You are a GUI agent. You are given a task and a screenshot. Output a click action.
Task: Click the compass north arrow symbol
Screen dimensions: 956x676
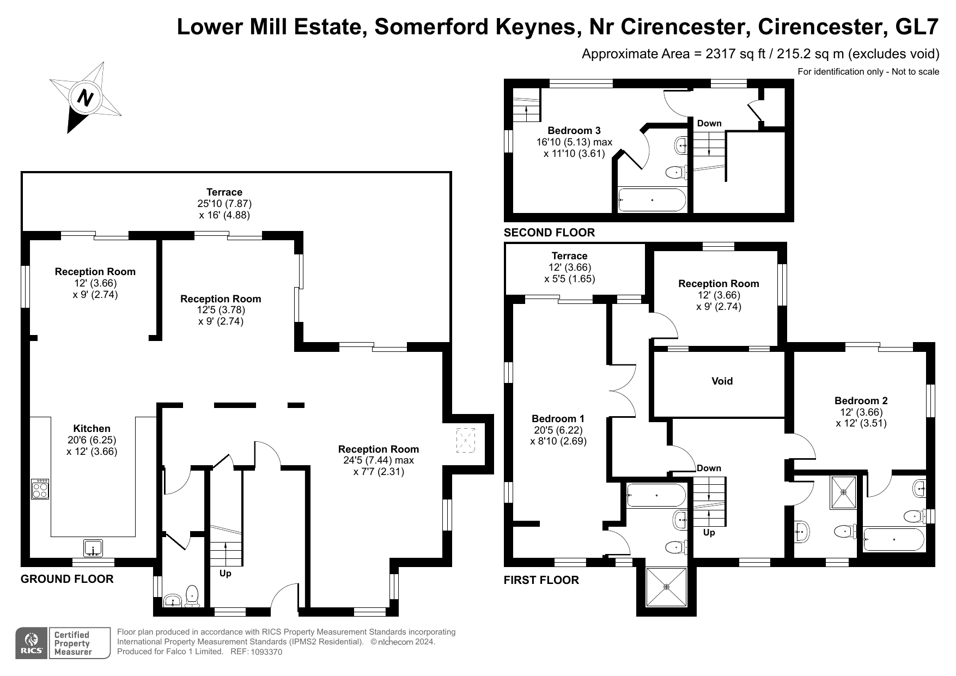pos(86,98)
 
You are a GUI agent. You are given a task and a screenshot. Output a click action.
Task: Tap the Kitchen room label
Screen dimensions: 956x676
pos(92,429)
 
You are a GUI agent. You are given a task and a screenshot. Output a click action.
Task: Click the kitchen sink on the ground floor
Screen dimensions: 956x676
pos(93,548)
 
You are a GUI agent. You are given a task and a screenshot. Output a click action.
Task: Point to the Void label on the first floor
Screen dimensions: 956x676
pos(722,381)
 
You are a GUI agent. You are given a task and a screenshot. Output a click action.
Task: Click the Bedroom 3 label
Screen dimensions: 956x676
pos(574,130)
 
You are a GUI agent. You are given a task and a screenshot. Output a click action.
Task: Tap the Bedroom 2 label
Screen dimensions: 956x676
pos(861,400)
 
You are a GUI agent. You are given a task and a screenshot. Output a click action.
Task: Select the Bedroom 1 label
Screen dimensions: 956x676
pos(558,418)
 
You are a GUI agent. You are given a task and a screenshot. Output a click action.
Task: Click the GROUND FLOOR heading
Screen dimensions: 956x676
pos(67,579)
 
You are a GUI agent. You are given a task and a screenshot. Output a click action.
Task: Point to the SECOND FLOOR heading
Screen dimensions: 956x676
pos(549,233)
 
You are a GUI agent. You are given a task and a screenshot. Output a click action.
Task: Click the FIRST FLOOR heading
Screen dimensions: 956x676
pos(541,580)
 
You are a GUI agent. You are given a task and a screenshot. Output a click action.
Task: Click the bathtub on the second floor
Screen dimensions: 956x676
pos(652,200)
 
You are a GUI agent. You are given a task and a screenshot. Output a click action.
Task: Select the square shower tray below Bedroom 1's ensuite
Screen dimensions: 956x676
pos(666,587)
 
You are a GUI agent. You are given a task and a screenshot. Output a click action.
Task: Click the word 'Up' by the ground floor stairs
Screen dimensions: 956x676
pos(225,574)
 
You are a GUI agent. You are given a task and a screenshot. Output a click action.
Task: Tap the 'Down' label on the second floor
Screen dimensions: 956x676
pos(709,123)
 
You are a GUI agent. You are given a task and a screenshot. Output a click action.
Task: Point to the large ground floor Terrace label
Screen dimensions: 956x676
pos(224,192)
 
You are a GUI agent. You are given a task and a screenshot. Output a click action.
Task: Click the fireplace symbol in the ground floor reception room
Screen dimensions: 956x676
pos(465,440)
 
